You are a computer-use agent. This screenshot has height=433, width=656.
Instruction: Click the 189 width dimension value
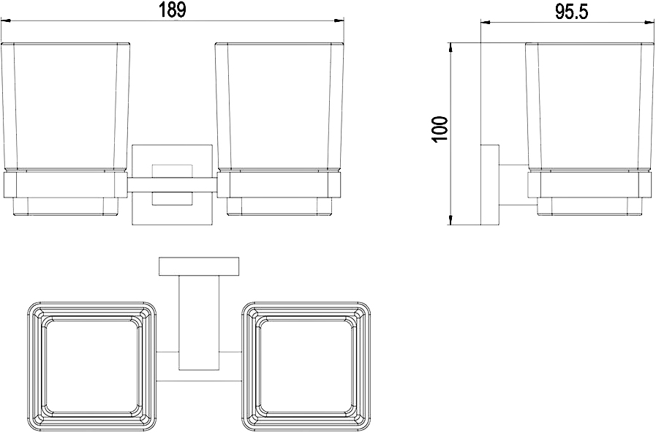pyautogui.click(x=172, y=10)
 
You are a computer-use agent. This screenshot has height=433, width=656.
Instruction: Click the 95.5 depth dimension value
pyautogui.click(x=572, y=12)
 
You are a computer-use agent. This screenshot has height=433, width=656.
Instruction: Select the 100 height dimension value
pyautogui.click(x=441, y=129)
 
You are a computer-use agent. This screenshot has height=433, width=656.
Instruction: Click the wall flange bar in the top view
pyautogui.click(x=199, y=266)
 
